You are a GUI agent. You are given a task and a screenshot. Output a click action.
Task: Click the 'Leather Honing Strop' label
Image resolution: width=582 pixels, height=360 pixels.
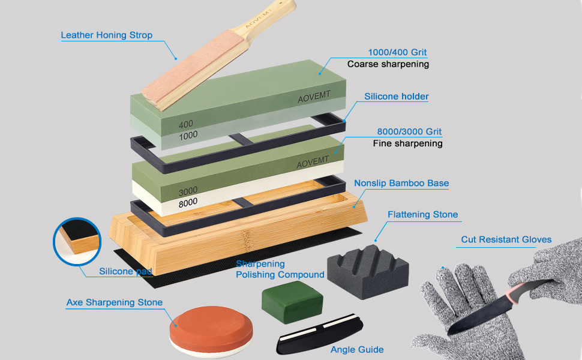click(106, 35)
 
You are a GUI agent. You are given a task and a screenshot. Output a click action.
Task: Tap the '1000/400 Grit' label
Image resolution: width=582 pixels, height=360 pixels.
click(397, 52)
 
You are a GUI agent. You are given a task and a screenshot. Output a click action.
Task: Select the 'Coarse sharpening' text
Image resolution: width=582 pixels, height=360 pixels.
click(388, 64)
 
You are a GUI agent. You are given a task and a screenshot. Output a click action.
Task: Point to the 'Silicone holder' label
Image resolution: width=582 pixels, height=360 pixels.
click(397, 96)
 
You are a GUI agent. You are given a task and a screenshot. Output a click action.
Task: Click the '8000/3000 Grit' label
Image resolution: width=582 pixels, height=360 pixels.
click(409, 131)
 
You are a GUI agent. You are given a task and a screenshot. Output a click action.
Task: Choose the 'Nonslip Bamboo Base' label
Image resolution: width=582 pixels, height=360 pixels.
click(401, 183)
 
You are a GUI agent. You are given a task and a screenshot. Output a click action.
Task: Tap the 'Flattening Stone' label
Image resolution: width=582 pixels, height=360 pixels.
click(422, 214)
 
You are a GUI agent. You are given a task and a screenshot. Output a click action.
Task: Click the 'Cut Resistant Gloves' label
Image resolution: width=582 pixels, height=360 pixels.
click(506, 239)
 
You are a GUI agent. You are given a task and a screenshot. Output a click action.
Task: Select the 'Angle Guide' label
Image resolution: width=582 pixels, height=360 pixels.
click(357, 349)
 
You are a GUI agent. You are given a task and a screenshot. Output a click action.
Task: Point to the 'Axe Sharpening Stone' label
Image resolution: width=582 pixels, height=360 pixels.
click(114, 302)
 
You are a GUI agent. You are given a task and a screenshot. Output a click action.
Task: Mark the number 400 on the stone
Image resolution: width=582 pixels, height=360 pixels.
click(187, 124)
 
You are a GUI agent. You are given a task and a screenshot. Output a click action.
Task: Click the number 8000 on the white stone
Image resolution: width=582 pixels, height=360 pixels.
click(188, 203)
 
